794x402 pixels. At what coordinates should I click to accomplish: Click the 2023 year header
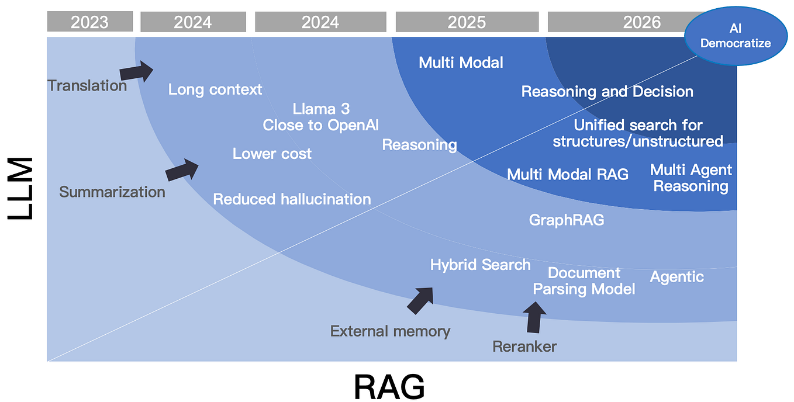pyautogui.click(x=89, y=22)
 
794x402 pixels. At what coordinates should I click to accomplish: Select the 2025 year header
pyautogui.click(x=467, y=22)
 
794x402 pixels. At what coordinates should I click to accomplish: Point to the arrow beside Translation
pyautogui.click(x=136, y=72)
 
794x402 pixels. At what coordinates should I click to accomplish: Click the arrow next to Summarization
pyautogui.click(x=182, y=169)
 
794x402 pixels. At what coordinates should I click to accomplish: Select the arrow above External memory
pyautogui.click(x=420, y=300)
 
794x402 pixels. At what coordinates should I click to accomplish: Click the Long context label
pyautogui.click(x=215, y=89)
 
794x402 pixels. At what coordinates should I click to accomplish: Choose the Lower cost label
pyautogui.click(x=272, y=154)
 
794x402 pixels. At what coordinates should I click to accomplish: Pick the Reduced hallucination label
pyautogui.click(x=292, y=199)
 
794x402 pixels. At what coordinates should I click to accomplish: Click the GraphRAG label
pyautogui.click(x=566, y=220)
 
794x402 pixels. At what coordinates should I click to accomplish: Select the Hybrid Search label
pyautogui.click(x=480, y=265)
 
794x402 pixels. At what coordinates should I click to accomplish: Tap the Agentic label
pyautogui.click(x=676, y=276)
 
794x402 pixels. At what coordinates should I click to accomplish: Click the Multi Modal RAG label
pyautogui.click(x=567, y=174)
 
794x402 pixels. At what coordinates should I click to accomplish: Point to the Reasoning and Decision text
pyautogui.click(x=607, y=92)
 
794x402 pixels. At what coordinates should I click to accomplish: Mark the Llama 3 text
pyautogui.click(x=321, y=109)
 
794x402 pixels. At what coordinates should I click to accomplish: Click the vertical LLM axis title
pyautogui.click(x=21, y=187)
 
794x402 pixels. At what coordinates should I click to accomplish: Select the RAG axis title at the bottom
pyautogui.click(x=389, y=385)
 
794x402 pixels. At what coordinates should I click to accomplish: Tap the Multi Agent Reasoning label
pyautogui.click(x=691, y=178)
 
